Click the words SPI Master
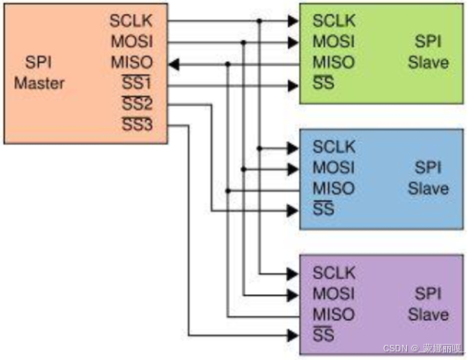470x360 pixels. click(39, 73)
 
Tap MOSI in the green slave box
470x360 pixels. click(334, 42)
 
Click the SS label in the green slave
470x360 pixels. click(323, 85)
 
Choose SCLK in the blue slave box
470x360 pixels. click(334, 147)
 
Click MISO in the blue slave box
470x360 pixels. click(334, 189)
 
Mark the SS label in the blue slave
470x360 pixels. click(323, 210)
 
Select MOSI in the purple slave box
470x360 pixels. click(334, 292)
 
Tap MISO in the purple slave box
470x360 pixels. click(334, 313)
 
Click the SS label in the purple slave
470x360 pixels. click(323, 334)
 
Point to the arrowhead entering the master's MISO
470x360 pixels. click(175, 64)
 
